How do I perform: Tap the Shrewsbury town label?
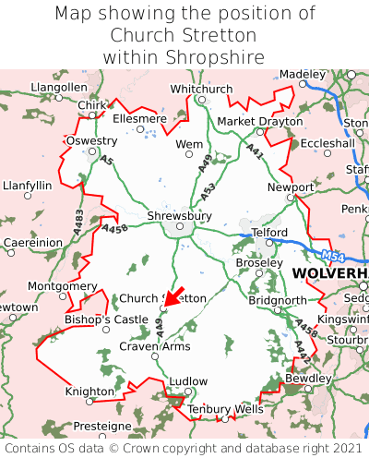[179, 216]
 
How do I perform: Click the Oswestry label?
[91, 140]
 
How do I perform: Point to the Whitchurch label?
[201, 89]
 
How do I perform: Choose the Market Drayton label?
[259, 121]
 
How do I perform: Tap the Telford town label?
[269, 232]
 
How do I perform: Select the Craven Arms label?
[155, 346]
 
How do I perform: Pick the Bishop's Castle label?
[105, 319]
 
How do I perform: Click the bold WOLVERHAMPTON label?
[329, 274]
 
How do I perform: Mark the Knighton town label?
[89, 392]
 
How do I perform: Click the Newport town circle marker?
[290, 197]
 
